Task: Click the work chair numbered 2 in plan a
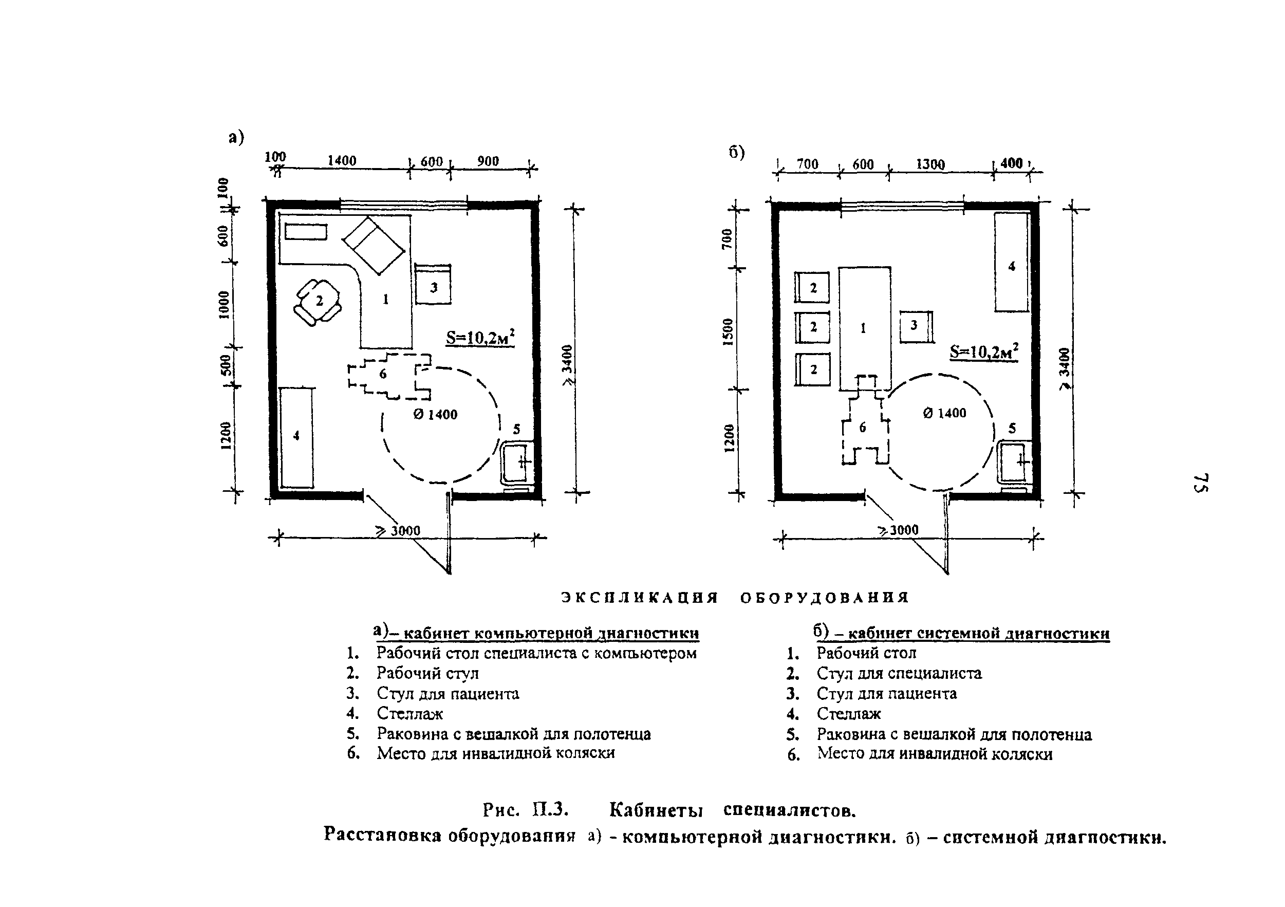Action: coord(319,302)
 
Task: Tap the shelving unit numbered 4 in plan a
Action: coord(296,437)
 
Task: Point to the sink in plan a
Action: coord(516,462)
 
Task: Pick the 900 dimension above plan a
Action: coord(488,161)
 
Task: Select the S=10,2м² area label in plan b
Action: coord(984,351)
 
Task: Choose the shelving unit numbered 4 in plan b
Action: coord(1011,262)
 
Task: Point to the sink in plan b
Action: coord(1014,462)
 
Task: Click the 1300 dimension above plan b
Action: coord(930,164)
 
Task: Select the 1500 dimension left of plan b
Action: coord(728,332)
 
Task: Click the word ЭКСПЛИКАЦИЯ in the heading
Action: coord(639,598)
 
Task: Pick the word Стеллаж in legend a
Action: coord(409,714)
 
